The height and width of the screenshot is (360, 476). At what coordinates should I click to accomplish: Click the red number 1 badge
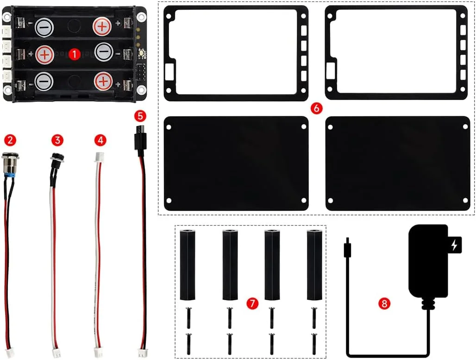[x=74, y=54]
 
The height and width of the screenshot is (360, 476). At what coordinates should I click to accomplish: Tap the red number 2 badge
[x=9, y=139]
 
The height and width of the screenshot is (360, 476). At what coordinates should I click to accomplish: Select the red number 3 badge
[x=57, y=139]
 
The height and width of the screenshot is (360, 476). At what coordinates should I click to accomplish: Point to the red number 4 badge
[x=100, y=139]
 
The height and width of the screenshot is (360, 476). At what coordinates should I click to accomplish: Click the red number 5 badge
[x=139, y=115]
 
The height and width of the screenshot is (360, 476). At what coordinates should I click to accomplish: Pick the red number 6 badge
[x=316, y=108]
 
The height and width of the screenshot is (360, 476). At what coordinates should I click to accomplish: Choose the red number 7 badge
[x=252, y=303]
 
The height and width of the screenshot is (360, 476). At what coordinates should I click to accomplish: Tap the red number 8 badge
[x=384, y=303]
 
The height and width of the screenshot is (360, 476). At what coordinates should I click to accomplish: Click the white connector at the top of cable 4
[x=99, y=157]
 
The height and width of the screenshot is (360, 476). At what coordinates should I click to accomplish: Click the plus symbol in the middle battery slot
[x=44, y=54]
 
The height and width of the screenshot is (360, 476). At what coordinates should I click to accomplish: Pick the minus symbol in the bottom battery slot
[x=44, y=82]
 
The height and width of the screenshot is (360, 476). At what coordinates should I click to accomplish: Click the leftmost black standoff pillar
[x=187, y=264]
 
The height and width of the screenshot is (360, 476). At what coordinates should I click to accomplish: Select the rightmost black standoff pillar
[x=314, y=264]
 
